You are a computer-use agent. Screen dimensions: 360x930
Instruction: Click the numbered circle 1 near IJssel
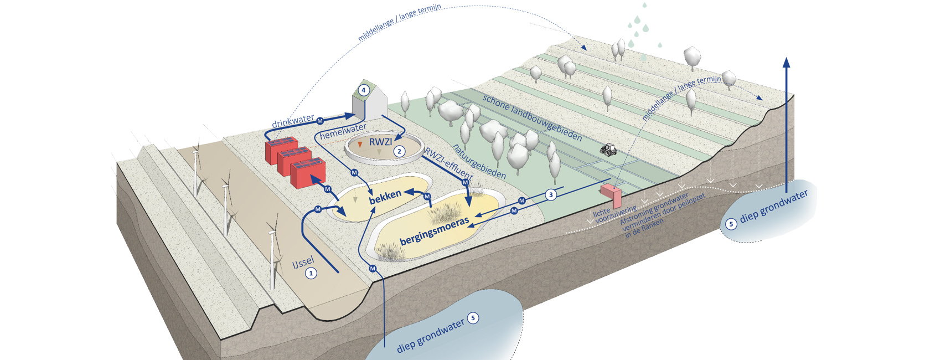tap(311, 273)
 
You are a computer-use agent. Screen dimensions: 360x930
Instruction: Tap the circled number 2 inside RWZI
tap(399, 151)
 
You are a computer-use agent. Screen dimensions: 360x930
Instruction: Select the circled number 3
tap(550, 194)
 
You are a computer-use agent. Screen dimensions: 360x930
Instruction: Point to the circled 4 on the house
tap(364, 90)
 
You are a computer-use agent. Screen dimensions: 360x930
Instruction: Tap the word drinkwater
tap(293, 121)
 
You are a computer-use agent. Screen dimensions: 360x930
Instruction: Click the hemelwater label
tap(343, 131)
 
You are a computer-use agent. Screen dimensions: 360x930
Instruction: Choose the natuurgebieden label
tap(479, 161)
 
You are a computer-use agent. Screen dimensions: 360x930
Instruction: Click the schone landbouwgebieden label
tap(532, 117)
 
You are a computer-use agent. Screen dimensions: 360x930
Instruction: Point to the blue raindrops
tap(642, 25)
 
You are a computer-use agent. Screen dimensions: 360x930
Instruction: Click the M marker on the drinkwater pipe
tap(319, 121)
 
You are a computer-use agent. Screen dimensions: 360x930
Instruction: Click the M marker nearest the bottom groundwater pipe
tap(372, 269)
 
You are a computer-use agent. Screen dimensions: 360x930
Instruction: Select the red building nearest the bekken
tap(308, 173)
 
